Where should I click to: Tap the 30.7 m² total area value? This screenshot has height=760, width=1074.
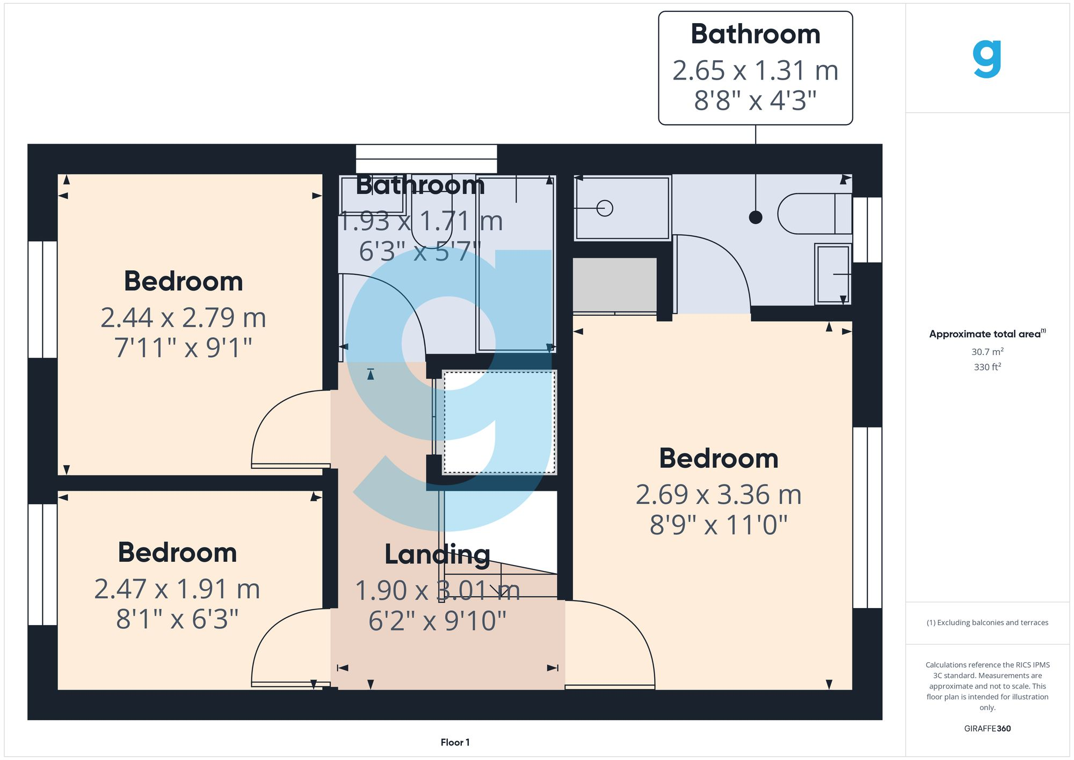pyautogui.click(x=987, y=352)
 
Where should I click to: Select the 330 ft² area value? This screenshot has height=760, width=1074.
pyautogui.click(x=987, y=367)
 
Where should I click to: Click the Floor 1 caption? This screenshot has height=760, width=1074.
pyautogui.click(x=455, y=742)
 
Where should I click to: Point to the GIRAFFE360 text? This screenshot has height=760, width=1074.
pyautogui.click(x=987, y=728)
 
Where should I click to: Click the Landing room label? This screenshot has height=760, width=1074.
pyautogui.click(x=437, y=554)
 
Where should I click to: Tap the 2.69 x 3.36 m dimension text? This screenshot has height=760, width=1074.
pyautogui.click(x=719, y=495)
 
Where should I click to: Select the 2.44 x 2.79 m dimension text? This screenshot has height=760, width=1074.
pyautogui.click(x=183, y=317)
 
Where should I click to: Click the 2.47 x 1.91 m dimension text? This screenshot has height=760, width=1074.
pyautogui.click(x=177, y=589)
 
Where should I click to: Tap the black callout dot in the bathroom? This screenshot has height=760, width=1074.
pyautogui.click(x=756, y=218)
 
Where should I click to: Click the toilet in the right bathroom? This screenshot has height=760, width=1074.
pyautogui.click(x=814, y=214)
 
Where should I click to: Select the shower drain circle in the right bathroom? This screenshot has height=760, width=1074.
pyautogui.click(x=605, y=208)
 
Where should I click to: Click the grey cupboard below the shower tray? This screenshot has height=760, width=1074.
pyautogui.click(x=614, y=285)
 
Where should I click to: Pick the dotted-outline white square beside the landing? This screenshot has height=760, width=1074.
pyautogui.click(x=499, y=422)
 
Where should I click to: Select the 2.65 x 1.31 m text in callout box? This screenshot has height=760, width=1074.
pyautogui.click(x=755, y=70)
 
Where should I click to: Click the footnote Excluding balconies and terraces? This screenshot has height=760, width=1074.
pyautogui.click(x=987, y=623)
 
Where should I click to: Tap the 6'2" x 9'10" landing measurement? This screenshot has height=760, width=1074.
pyautogui.click(x=437, y=621)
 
